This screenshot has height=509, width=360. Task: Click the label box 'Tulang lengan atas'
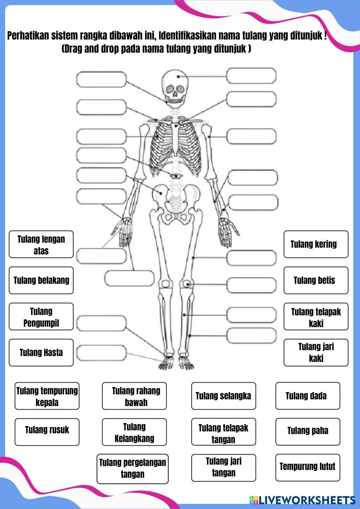[41, 244]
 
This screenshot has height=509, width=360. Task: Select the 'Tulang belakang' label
[41, 280]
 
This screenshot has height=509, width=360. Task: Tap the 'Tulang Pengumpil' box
[41, 317]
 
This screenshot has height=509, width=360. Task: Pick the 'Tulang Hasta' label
[41, 352]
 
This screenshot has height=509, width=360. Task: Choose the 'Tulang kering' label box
[316, 244]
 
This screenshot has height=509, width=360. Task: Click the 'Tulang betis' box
[316, 280]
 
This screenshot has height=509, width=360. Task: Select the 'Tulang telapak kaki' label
[316, 317]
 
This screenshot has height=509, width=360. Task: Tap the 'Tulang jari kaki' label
[316, 352]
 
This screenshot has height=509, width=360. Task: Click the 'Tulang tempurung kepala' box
[47, 396]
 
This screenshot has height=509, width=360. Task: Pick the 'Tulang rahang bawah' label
[134, 396]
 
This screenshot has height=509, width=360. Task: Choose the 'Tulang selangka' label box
[223, 396]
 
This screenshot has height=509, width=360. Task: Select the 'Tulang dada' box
[307, 396]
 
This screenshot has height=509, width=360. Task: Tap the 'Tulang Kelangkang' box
[134, 432]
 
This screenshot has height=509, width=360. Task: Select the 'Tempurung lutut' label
[307, 467]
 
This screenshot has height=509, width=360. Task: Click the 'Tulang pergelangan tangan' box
[132, 468]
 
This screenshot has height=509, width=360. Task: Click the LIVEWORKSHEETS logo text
[306, 500]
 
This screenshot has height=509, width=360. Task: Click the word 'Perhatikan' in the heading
[27, 36]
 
